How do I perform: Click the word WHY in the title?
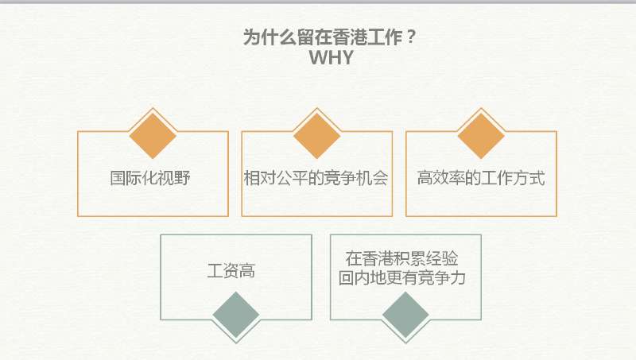[331, 57]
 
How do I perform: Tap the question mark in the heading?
[410, 37]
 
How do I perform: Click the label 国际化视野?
[150, 178]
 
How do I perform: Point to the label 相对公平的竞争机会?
[316, 178]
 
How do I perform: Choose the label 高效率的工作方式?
[481, 178]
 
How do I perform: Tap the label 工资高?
[231, 270]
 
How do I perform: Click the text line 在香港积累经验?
[402, 258]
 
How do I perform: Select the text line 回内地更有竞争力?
[402, 277]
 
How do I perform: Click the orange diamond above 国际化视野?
[153, 135]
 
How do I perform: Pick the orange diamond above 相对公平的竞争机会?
[316, 135]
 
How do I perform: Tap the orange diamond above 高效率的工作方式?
[481, 135]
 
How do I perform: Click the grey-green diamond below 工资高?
[236, 315]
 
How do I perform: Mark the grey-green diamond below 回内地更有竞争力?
[405, 315]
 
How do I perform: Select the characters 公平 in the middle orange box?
[292, 178]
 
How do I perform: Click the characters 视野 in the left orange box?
[174, 178]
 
